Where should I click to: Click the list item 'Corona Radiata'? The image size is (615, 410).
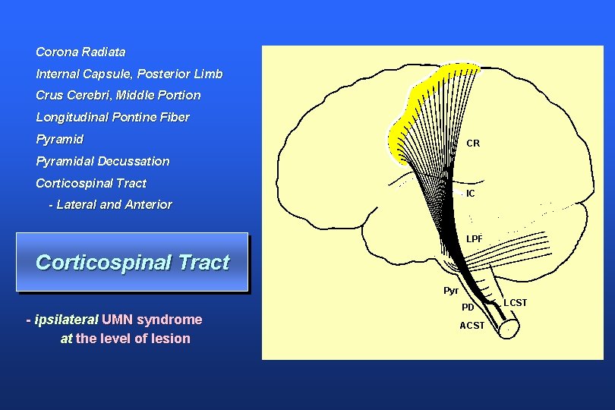click(80, 52)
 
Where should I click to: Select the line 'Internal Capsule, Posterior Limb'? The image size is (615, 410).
click(129, 74)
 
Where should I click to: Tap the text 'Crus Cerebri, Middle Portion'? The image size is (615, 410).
click(118, 96)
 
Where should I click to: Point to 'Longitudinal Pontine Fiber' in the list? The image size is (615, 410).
click(112, 118)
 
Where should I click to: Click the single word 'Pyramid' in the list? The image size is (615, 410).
click(59, 140)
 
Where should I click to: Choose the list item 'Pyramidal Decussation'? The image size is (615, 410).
click(102, 162)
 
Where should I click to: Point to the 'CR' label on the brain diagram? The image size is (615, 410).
click(473, 143)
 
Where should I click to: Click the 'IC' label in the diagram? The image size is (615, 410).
click(471, 194)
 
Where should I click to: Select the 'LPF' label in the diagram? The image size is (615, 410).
click(475, 239)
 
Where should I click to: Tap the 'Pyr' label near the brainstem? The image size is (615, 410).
click(451, 291)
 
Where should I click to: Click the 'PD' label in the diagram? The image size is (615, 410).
click(468, 307)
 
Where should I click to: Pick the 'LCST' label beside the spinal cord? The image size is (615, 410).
click(515, 303)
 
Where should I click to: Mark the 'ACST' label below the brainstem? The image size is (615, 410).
click(471, 326)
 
